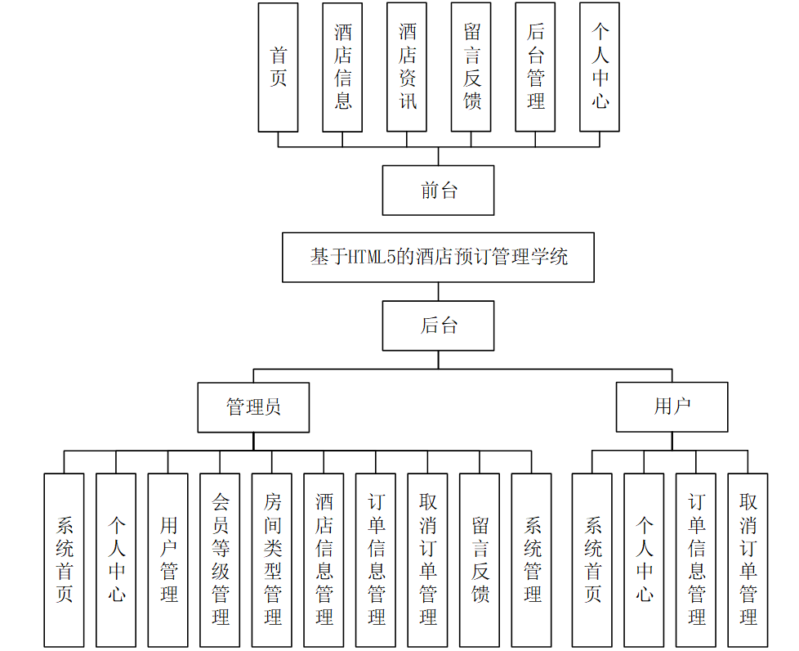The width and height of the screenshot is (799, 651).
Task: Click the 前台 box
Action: pyautogui.click(x=438, y=191)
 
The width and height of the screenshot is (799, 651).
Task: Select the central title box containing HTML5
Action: pyautogui.click(x=438, y=258)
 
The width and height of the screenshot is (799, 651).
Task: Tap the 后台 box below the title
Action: pyautogui.click(x=438, y=325)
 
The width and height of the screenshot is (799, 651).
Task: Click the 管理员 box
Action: pyautogui.click(x=253, y=407)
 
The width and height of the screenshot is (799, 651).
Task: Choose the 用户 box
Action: pyautogui.click(x=672, y=407)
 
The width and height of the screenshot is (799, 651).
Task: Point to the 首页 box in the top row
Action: pyautogui.click(x=278, y=67)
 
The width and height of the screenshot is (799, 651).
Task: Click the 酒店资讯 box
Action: pyautogui.click(x=407, y=67)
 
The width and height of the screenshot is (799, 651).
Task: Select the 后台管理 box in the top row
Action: pyautogui.click(x=535, y=67)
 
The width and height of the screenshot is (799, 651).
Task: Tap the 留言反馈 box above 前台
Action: pyautogui.click(x=471, y=67)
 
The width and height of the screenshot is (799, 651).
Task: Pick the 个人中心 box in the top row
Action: pyautogui.click(x=600, y=67)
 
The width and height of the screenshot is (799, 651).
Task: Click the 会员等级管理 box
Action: pyautogui.click(x=220, y=559)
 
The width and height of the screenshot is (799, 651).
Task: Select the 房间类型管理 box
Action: pyautogui.click(x=272, y=559)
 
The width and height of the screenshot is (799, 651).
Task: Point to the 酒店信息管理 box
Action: pyautogui.click(x=324, y=559)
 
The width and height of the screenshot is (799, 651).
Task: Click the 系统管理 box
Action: pyautogui.click(x=532, y=559)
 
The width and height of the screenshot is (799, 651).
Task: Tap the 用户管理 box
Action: pyautogui.click(x=168, y=559)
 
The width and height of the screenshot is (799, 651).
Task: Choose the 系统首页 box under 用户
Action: pyautogui.click(x=592, y=559)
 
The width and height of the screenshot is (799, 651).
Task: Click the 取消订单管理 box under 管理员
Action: pyautogui.click(x=428, y=559)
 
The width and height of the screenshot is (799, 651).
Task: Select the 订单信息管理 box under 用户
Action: pyautogui.click(x=696, y=559)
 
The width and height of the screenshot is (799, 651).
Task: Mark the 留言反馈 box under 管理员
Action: pyautogui.click(x=480, y=559)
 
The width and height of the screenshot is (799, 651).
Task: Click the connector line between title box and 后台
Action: pyautogui.click(x=438, y=292)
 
